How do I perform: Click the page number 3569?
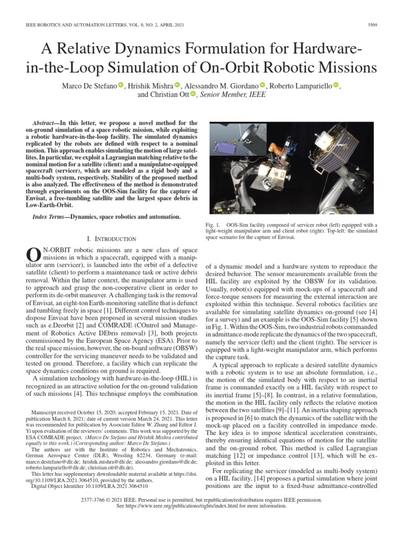(x=372, y=24)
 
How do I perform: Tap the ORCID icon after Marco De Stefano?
(x=121, y=85)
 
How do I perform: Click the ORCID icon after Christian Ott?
(x=193, y=95)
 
